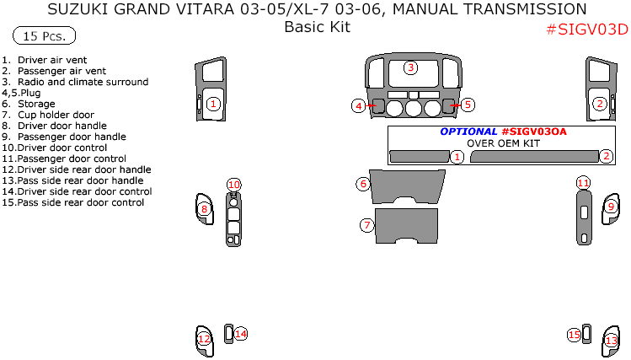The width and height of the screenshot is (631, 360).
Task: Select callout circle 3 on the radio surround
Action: [x=410, y=67]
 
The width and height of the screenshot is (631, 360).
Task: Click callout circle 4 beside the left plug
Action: [x=359, y=105]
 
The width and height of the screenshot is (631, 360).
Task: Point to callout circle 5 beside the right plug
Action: [x=468, y=105]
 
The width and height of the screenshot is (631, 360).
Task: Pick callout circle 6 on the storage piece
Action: [x=363, y=183]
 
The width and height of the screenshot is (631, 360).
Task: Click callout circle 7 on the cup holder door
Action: [x=366, y=225]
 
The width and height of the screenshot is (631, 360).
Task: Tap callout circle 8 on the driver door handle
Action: [x=204, y=208]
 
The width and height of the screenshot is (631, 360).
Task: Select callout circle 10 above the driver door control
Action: [x=233, y=185]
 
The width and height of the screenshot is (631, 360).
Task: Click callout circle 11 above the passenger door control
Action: [x=583, y=183]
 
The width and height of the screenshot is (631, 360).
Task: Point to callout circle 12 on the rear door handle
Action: [x=204, y=339]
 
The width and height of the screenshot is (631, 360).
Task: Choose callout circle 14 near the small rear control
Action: [x=241, y=334]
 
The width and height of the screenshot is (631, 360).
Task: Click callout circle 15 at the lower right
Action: [x=574, y=335]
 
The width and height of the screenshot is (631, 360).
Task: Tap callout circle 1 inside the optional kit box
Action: [x=457, y=157]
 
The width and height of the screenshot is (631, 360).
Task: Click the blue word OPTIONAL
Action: [x=468, y=132]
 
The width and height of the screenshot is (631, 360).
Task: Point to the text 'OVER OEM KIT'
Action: [x=503, y=143]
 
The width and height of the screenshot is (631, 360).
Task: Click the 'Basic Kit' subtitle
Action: [x=317, y=26]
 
